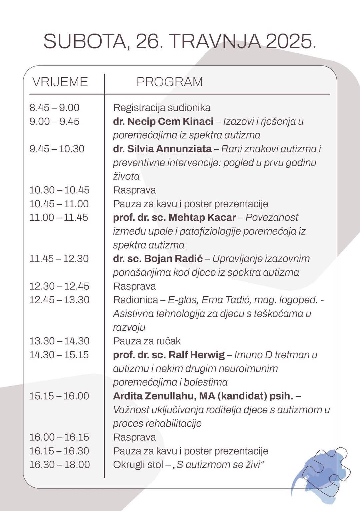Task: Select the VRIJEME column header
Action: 60,82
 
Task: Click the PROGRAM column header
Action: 169,82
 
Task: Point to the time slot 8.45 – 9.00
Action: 54,108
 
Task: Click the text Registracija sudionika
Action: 162,108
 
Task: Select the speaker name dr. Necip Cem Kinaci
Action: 163,121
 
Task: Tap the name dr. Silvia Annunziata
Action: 162,149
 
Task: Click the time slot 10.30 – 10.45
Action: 59,190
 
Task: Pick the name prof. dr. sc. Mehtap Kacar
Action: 174,217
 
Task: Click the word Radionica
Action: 135,300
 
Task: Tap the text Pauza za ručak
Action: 147,341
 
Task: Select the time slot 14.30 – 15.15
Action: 59,355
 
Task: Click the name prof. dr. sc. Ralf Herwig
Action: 169,355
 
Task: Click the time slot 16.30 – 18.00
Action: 59,465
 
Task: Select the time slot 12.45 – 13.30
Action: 59,300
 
